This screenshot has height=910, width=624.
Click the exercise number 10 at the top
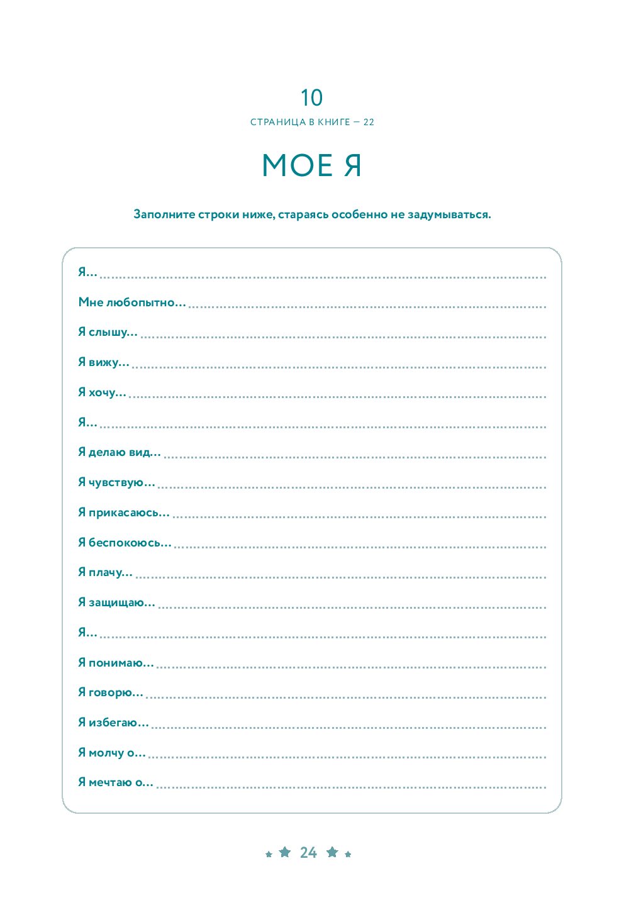pos(311,98)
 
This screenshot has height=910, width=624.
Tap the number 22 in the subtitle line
pos(369,122)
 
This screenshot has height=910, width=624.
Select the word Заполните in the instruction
pos(164,214)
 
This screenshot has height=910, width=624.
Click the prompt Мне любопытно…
pos(132,302)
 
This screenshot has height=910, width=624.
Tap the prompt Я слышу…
pos(108,332)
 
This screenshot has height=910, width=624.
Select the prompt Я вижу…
pos(104,362)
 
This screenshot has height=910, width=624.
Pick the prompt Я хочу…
pos(102,392)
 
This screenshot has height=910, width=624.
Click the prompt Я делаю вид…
pos(120,452)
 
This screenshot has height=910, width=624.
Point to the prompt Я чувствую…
pos(116,482)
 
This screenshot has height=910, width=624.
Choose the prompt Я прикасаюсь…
pos(124,513)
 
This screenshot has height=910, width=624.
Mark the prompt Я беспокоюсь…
pos(125,542)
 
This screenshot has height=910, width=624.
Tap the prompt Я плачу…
pos(105,572)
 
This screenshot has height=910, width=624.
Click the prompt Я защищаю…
pos(116,602)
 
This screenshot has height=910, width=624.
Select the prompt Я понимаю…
pos(116,662)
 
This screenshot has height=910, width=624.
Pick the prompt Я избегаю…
pos(113,723)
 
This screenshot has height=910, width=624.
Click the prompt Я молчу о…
pos(112,753)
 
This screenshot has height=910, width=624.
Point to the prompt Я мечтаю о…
pos(116,782)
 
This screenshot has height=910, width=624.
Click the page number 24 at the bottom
pos(308,853)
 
